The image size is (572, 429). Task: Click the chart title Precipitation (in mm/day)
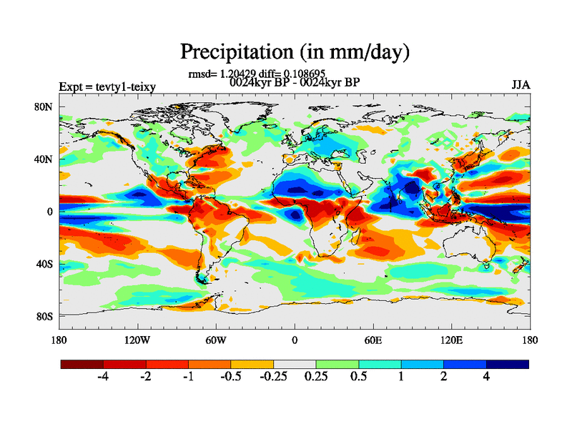pyautogui.click(x=295, y=51)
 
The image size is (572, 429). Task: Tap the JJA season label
pyautogui.click(x=521, y=85)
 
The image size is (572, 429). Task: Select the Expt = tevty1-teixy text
pyautogui.click(x=107, y=87)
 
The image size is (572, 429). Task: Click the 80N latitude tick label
pyautogui.click(x=44, y=107)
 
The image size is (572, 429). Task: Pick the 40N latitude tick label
pyautogui.click(x=44, y=159)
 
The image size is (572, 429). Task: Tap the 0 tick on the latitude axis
pyautogui.click(x=50, y=212)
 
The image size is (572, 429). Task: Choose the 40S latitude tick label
pyautogui.click(x=44, y=264)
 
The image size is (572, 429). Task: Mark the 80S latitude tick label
pyautogui.click(x=44, y=316)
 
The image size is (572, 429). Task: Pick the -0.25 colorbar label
pyautogui.click(x=273, y=378)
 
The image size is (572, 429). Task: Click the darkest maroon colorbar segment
pyautogui.click(x=82, y=364)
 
